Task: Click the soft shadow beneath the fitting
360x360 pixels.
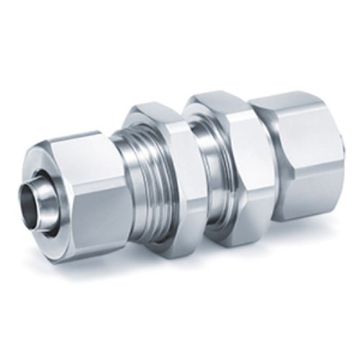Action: pyautogui.click(x=216, y=259)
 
